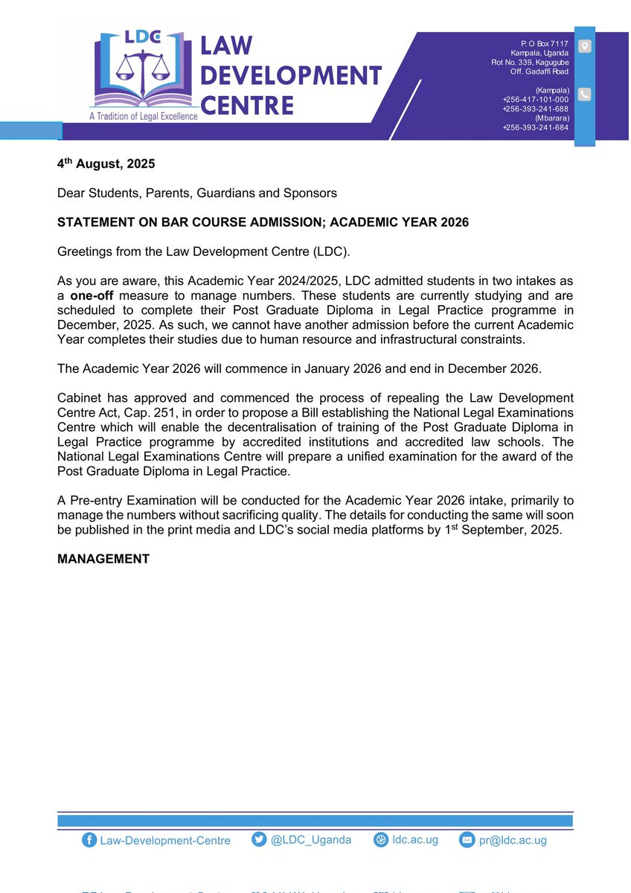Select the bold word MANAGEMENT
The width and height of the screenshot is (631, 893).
pyautogui.click(x=103, y=558)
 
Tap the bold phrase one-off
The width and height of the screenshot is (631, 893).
pyautogui.click(x=92, y=293)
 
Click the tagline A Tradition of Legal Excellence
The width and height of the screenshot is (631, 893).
pyautogui.click(x=144, y=116)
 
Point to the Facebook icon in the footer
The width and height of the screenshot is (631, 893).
pyautogui.click(x=90, y=840)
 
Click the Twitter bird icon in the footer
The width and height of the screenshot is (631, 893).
pyautogui.click(x=259, y=840)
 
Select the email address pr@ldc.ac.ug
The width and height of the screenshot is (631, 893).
pyautogui.click(x=513, y=840)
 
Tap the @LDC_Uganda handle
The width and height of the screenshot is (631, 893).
pyautogui.click(x=311, y=839)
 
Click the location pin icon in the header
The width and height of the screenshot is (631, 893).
pyautogui.click(x=585, y=47)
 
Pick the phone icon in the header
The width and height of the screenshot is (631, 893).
pyautogui.click(x=585, y=95)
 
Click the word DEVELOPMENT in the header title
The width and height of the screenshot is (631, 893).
pyautogui.click(x=292, y=75)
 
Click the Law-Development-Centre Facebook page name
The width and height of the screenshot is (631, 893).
pyautogui.click(x=166, y=840)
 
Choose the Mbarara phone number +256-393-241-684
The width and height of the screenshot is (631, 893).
pyautogui.click(x=535, y=127)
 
